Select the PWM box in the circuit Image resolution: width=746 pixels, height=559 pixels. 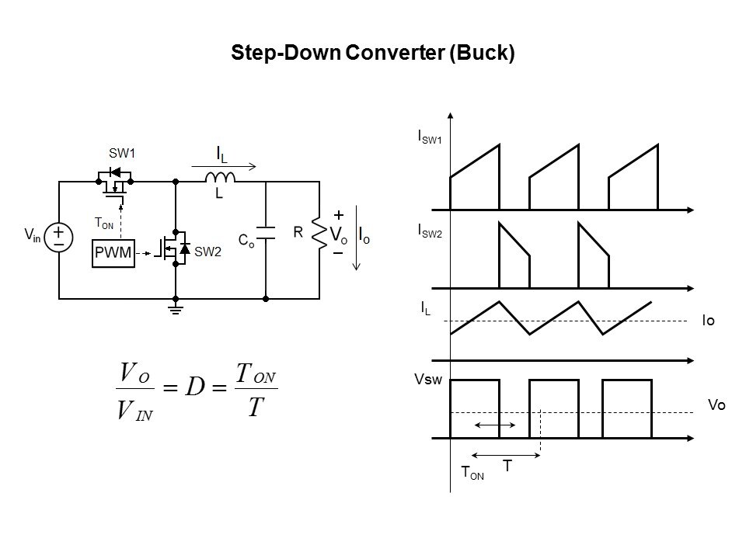point(113,252)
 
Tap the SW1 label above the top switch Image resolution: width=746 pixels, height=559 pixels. point(122,153)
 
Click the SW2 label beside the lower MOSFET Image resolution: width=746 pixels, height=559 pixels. point(208,252)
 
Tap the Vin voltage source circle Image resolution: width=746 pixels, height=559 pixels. point(59,234)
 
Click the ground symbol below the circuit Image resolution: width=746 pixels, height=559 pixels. point(176,311)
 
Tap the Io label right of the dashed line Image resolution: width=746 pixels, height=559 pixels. point(709,320)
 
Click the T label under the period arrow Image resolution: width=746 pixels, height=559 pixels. point(507,466)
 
